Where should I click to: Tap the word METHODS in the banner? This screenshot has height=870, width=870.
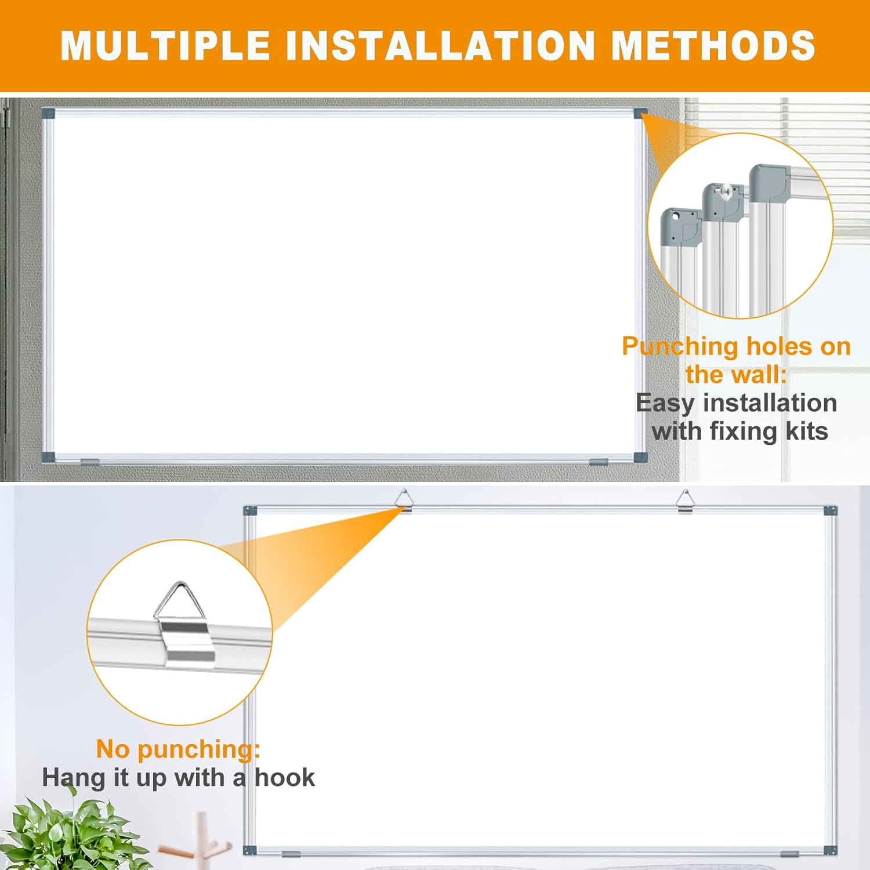click(x=713, y=45)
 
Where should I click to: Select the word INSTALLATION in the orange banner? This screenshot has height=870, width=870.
click(x=441, y=45)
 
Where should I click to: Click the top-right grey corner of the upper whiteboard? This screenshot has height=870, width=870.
click(x=641, y=113)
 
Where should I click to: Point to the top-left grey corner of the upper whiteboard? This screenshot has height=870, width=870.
click(x=48, y=112)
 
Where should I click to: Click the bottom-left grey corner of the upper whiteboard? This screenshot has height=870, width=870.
click(x=48, y=456)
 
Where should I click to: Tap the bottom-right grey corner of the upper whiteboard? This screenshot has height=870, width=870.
click(x=640, y=457)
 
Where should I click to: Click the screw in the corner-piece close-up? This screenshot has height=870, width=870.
click(x=724, y=190)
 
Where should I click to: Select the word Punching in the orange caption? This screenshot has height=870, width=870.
click(x=679, y=347)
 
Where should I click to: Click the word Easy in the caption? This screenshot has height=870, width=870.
click(x=665, y=403)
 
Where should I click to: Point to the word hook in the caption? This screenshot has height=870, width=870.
click(x=285, y=778)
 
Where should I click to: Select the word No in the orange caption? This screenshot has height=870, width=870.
click(x=113, y=749)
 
